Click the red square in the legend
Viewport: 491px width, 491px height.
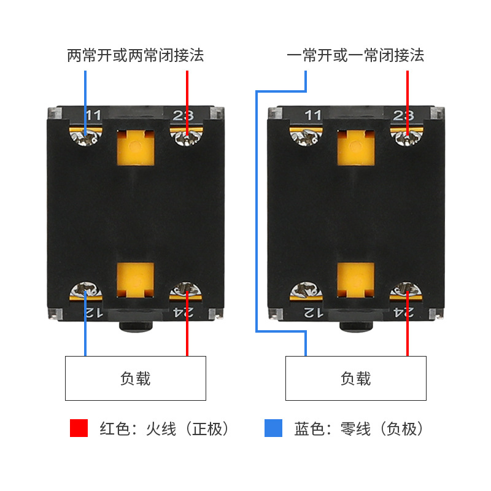point(79,428)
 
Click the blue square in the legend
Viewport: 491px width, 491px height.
point(273,428)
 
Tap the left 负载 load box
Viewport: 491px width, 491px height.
point(136,378)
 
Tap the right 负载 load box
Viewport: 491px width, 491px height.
point(356,378)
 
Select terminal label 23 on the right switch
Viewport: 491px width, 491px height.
point(403,115)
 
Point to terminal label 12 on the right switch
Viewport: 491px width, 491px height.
point(313,312)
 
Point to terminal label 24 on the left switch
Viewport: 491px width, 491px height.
point(184,312)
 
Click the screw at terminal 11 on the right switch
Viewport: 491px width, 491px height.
point(306,137)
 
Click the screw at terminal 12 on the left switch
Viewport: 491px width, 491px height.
point(86,290)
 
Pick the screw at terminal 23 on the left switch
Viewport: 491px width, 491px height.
point(187,137)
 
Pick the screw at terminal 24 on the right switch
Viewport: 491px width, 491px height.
point(406,290)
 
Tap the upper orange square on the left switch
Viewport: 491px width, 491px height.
point(136,148)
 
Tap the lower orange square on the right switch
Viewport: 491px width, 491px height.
point(356,280)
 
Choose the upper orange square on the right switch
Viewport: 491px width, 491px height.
point(356,148)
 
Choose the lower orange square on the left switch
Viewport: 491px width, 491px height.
point(136,280)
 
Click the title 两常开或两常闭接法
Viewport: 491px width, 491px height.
point(135,55)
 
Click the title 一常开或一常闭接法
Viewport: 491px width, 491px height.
point(355,55)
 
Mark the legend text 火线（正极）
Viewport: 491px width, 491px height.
point(187,428)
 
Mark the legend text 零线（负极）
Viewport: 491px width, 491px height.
point(382,428)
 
